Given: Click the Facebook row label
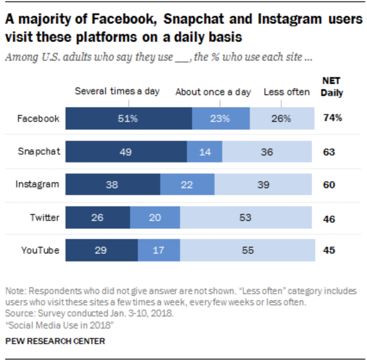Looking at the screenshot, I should coord(38,118).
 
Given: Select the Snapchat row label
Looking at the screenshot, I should coord(39,152).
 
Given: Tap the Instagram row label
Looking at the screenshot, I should coord(37,184).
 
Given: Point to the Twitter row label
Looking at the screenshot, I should coord(44,217).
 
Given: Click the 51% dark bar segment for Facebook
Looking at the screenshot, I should coord(128,118).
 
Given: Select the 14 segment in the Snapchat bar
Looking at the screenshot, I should coord(205,152).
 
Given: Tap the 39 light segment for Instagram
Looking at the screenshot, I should coord(263,184).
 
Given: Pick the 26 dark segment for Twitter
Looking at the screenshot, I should coord(98,217).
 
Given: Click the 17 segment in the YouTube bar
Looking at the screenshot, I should coord(159,250).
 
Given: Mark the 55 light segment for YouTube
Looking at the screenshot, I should coord(246,250).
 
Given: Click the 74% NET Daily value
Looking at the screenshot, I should coord(333,118).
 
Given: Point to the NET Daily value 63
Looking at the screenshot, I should coord(330,152).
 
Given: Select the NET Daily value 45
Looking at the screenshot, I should coord(330,250).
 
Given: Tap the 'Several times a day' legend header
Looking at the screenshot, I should coord(117,91).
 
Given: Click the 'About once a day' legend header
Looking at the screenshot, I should coord(213,92).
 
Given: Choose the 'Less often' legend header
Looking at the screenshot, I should coord(286,92).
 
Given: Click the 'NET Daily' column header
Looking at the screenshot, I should coord(332,87).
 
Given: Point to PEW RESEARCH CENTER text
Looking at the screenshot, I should coord(55,341).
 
